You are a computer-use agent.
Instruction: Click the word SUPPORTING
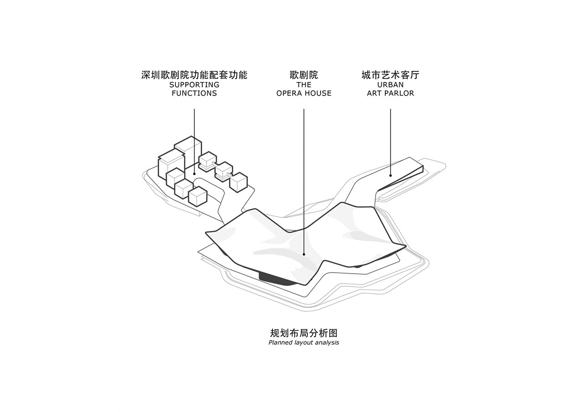[x=194, y=85]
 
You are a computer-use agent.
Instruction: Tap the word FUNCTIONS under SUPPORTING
[x=194, y=93]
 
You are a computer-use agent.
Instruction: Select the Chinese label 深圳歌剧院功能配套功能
[x=194, y=75]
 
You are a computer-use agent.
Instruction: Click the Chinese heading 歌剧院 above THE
[x=304, y=75]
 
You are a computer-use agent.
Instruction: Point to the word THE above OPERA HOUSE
[x=304, y=85]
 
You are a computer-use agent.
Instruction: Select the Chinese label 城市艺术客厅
[x=390, y=75]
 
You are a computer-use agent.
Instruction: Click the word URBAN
[x=390, y=85]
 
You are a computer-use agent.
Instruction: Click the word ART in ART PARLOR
[x=374, y=93]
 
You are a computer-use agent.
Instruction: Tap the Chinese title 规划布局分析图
[x=304, y=333]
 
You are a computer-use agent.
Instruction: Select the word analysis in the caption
[x=327, y=342]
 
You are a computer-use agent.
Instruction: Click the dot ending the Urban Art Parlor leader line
[x=390, y=175]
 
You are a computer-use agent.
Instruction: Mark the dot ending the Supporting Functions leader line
[x=194, y=173]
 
